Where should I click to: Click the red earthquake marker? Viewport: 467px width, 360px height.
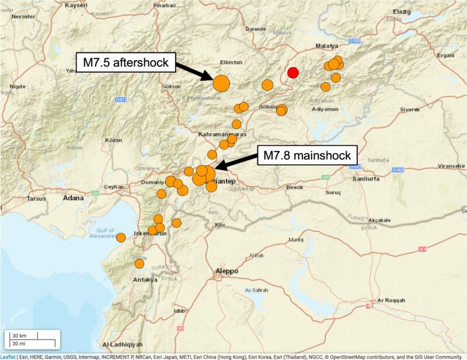(293, 72)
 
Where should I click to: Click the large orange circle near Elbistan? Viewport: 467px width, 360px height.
(221, 83)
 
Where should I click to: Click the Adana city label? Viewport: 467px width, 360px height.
(74, 198)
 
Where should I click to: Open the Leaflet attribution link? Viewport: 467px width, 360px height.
(8, 356)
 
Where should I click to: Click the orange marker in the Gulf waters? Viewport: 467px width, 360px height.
(121, 237)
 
